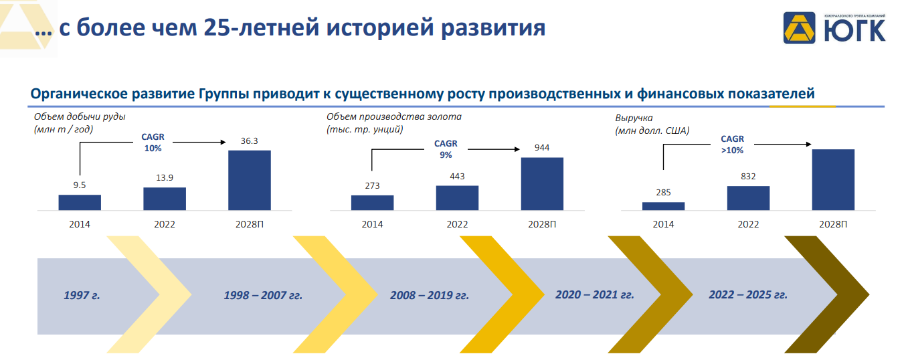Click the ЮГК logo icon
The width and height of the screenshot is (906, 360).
[799, 27]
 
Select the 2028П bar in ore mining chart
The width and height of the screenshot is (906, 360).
[250, 180]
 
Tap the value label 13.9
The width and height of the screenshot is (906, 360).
[165, 177]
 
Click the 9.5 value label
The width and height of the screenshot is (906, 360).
[79, 185]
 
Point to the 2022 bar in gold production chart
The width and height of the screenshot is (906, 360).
[457, 198]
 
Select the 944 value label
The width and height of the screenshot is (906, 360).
[542, 148]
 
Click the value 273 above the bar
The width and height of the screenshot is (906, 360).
[372, 185]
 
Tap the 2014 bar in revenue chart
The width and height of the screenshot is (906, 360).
[663, 206]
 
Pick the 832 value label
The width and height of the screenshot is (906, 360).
[748, 177]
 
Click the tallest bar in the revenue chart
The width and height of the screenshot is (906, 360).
[833, 179]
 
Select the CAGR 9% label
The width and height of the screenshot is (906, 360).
[446, 149]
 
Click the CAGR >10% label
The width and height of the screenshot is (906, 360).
[733, 145]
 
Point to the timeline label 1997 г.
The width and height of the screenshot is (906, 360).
[82, 295]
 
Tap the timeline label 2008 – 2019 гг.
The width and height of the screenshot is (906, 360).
[430, 295]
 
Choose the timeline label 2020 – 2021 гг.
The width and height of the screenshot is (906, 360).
[595, 294]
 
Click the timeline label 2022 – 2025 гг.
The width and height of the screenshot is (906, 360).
[748, 294]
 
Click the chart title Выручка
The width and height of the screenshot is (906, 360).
[634, 118]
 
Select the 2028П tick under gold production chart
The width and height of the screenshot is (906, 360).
[542, 224]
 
